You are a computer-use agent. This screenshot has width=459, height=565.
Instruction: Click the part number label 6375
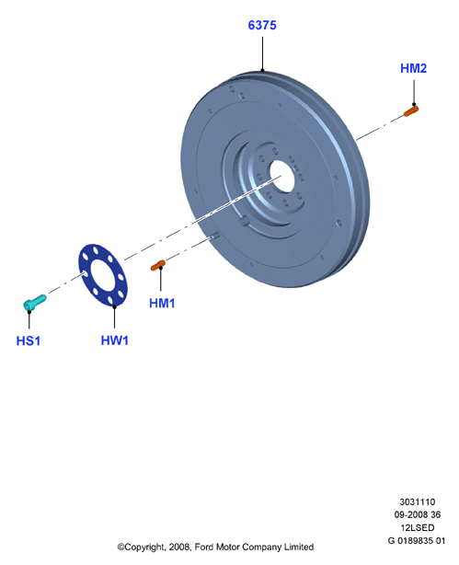point(262,25)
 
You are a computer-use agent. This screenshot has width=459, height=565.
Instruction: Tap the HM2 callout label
point(413,68)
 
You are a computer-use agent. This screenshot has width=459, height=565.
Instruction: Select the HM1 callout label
point(162,303)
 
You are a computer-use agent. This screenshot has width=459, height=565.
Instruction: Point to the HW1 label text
point(115,340)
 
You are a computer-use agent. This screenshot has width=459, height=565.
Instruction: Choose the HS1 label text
point(29,340)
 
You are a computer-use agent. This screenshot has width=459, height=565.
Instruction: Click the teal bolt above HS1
point(35,303)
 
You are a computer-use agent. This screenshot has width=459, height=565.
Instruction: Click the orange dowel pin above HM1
point(158,266)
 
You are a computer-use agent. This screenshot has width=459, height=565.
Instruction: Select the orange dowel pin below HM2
point(411,111)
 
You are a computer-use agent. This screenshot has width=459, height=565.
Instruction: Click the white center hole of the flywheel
point(282,177)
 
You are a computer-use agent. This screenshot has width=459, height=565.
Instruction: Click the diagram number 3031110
point(418,502)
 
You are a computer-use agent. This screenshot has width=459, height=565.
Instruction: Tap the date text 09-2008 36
point(418,514)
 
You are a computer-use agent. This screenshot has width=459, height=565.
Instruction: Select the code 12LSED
point(418,527)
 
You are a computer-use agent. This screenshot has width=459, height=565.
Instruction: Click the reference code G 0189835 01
point(417,540)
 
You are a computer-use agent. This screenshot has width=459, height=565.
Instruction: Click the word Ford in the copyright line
point(204,547)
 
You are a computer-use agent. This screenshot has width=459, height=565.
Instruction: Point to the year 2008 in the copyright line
point(178,548)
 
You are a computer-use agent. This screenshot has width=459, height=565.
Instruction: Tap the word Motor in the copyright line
point(228,547)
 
